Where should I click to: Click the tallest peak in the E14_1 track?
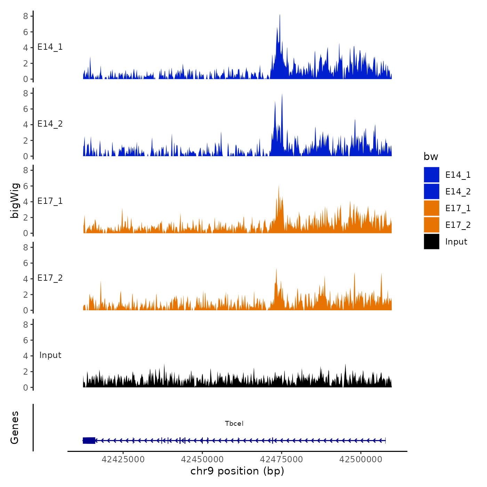280,16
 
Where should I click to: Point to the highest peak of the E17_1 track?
279,187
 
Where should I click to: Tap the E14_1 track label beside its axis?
50,47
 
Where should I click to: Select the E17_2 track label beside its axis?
50,278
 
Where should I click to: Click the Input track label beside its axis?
50,355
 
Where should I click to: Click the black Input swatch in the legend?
431,241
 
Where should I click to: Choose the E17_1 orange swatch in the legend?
431,208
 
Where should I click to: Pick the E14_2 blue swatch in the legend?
431,191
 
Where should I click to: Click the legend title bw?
431,157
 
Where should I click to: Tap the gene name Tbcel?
234,424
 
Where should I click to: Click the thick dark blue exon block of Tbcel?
89,440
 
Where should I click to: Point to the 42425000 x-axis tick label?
123,460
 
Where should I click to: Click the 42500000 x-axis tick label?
361,460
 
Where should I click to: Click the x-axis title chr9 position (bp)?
237,471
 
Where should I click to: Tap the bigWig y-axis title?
15,200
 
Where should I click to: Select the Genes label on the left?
15,428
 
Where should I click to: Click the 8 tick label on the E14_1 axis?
26,16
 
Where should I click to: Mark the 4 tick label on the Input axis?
26,356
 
